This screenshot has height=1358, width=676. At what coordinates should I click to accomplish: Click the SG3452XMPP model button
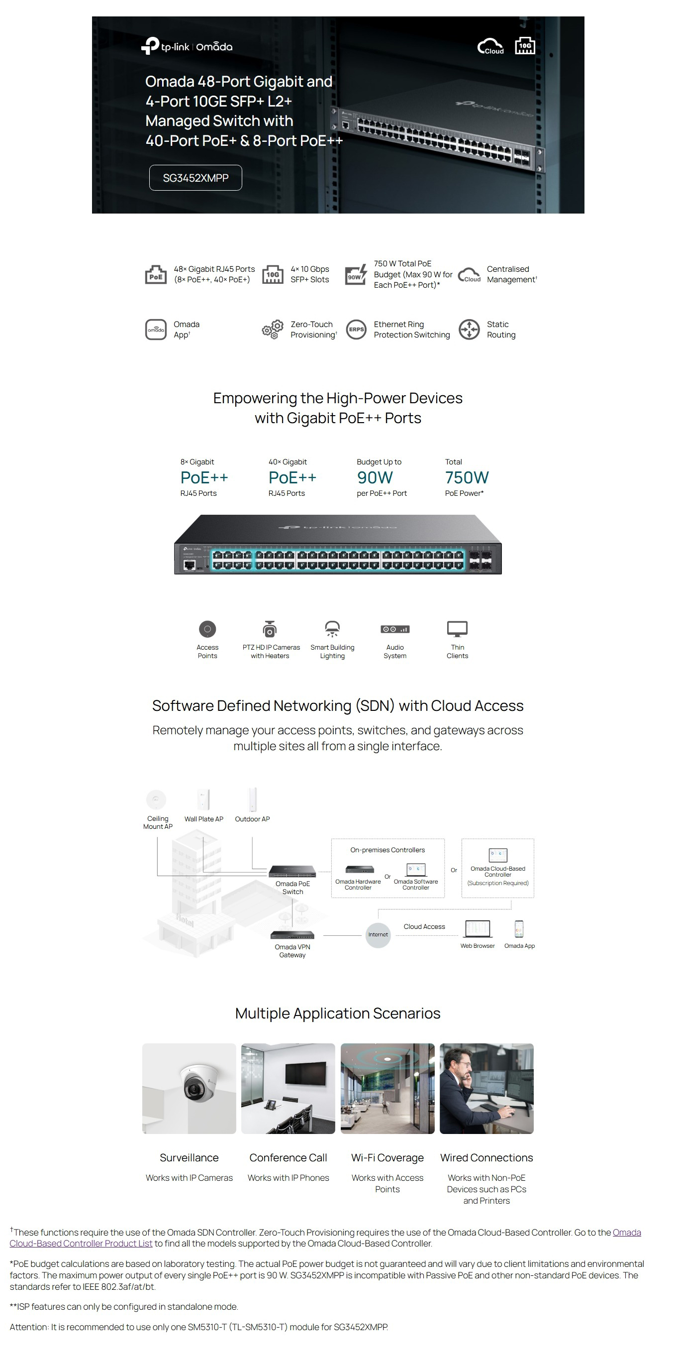[x=195, y=178]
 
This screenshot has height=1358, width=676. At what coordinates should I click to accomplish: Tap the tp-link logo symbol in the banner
[x=150, y=45]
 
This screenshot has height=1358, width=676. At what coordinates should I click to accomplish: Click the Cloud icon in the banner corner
[x=490, y=46]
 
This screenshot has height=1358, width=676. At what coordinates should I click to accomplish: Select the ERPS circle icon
[x=356, y=330]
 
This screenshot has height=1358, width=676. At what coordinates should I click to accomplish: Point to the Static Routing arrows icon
[x=469, y=330]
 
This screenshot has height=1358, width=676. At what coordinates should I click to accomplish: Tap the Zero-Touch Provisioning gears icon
[x=273, y=330]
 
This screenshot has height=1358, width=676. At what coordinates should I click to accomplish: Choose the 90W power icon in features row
[x=356, y=275]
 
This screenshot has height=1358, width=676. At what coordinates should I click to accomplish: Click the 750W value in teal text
[x=466, y=477]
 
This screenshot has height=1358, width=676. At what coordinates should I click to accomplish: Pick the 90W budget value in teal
[x=375, y=477]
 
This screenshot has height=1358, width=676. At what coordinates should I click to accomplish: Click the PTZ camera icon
[x=270, y=629]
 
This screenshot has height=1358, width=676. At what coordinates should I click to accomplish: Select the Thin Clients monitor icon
[x=457, y=628]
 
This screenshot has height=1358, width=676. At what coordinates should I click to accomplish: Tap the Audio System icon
[x=394, y=629]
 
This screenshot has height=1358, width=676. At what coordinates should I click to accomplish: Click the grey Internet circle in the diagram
[x=378, y=935]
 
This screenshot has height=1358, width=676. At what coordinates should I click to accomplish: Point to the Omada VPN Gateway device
[x=292, y=935]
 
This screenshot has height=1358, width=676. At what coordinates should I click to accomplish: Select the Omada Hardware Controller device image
[x=359, y=869]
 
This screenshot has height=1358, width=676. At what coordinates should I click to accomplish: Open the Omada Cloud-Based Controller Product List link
[x=81, y=1243]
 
